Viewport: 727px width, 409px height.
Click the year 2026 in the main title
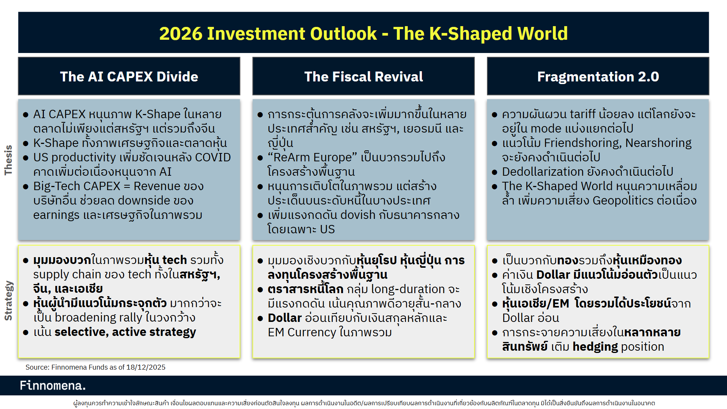(x=181, y=34)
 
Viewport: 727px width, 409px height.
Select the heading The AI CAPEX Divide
(x=129, y=76)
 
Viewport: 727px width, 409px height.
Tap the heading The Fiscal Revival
(x=363, y=76)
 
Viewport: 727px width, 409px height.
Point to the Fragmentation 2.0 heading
(x=598, y=76)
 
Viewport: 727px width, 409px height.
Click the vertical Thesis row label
(x=8, y=160)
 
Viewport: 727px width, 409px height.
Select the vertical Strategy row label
(x=8, y=301)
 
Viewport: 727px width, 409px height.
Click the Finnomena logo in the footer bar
(x=53, y=386)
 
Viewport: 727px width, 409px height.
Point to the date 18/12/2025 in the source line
(x=146, y=367)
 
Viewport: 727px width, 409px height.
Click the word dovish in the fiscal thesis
(x=358, y=215)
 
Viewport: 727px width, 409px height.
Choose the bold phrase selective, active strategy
(x=125, y=332)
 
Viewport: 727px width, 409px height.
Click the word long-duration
(x=403, y=289)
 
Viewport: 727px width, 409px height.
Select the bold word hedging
(x=595, y=347)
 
